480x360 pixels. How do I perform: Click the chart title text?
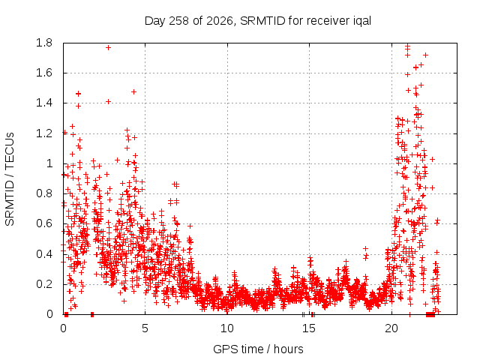point(258,21)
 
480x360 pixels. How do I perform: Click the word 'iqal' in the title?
point(361,21)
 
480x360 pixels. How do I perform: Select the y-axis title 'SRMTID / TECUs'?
point(10,179)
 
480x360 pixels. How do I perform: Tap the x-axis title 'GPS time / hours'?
point(258,349)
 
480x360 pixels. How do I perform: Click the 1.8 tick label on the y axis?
point(44,43)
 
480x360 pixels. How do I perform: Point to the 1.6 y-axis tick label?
point(44,73)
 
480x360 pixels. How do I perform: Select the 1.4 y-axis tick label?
point(44,103)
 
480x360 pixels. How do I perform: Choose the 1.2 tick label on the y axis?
point(44,133)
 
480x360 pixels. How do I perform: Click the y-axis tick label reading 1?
point(49,163)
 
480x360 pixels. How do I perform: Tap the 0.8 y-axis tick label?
point(44,193)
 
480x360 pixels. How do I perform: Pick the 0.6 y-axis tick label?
point(44,223)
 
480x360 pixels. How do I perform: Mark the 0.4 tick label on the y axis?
point(44,254)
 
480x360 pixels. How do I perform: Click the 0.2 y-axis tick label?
point(44,284)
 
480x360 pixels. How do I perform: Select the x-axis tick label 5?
point(145,328)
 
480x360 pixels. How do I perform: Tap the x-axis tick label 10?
point(227,328)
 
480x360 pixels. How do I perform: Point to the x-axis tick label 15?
point(309,328)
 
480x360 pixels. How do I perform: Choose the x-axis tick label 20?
point(391,328)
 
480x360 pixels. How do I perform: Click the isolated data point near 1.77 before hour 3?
point(108,48)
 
